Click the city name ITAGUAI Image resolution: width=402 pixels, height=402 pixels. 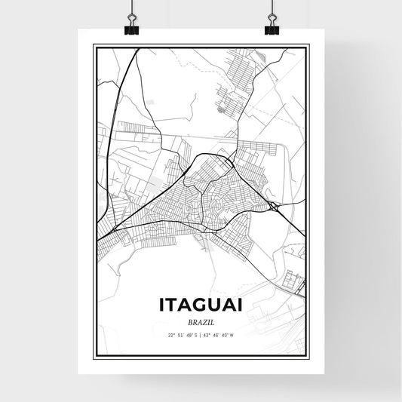[201, 305]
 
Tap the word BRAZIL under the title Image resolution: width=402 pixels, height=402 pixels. [201, 322]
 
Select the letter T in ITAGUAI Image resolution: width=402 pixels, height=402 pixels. [172, 305]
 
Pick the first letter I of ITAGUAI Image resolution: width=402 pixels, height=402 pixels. [162, 305]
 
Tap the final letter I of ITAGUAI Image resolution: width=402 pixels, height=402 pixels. [241, 305]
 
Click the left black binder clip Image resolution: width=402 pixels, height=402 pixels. [132, 28]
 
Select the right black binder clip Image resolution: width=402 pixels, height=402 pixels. [271, 28]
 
